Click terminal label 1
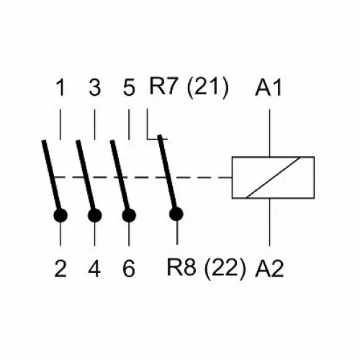click(x=61, y=88)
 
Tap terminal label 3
click(x=95, y=88)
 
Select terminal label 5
click(x=129, y=88)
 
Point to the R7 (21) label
click(x=189, y=88)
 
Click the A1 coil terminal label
click(x=269, y=88)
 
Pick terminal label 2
click(x=60, y=269)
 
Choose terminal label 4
click(x=94, y=269)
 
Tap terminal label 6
click(x=129, y=269)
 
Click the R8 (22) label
click(x=207, y=269)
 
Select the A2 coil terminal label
click(x=269, y=269)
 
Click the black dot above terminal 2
click(x=60, y=215)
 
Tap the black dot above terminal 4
click(x=95, y=215)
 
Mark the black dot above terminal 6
click(x=129, y=215)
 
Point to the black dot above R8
click(x=176, y=214)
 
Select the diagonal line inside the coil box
click(x=274, y=178)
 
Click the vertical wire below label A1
click(x=270, y=133)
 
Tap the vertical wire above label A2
click(x=270, y=222)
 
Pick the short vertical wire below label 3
click(x=95, y=125)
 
